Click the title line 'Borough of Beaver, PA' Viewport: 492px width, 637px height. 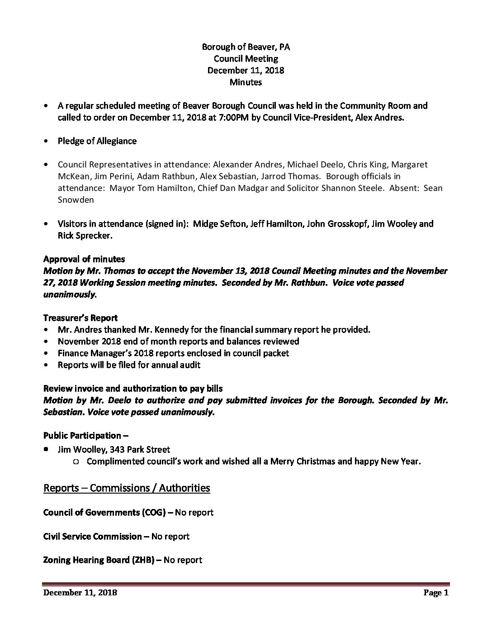(246, 47)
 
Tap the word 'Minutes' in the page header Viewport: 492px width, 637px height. (246, 82)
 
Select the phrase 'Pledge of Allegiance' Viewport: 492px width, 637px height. (97, 141)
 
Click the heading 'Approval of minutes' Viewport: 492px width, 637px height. (84, 259)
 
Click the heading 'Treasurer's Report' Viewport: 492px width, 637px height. (80, 318)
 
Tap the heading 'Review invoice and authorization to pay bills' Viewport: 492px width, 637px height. (133, 388)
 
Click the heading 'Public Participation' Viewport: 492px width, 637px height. (82, 435)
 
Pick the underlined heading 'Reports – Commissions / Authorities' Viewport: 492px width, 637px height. (127, 488)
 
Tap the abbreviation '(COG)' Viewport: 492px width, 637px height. (157, 512)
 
